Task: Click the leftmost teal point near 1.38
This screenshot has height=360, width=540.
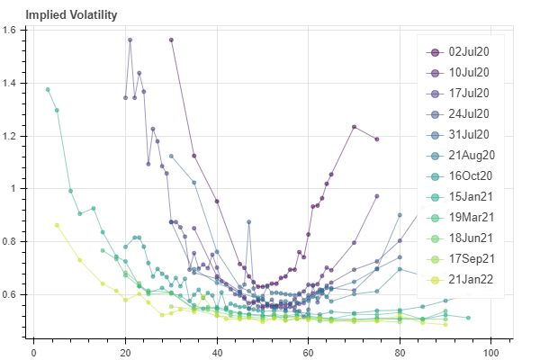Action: pos(48,89)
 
